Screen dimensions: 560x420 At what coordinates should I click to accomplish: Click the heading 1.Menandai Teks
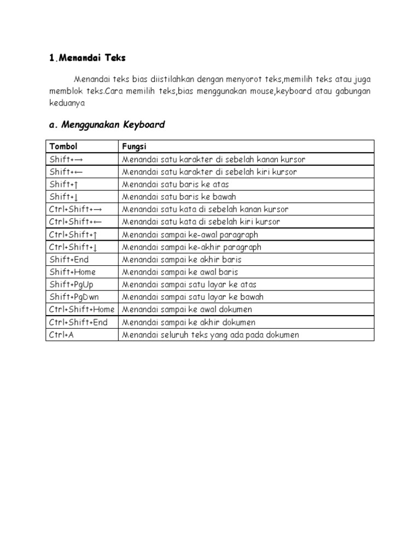coord(87,57)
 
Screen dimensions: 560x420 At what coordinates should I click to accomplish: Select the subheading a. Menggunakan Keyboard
coord(107,125)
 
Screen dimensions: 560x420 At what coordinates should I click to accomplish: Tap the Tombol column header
coord(63,147)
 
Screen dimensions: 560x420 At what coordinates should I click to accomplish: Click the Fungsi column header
coord(134,147)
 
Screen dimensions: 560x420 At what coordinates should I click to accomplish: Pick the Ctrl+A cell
coord(61,335)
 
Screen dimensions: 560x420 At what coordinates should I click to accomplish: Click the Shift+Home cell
coord(72,272)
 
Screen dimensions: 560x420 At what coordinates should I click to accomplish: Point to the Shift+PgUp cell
coord(72,284)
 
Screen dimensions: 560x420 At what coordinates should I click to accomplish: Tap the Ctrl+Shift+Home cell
coord(81,310)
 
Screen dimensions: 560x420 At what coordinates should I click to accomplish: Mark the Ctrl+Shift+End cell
coord(78,322)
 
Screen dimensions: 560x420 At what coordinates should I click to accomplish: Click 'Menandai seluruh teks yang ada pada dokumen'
coord(211,335)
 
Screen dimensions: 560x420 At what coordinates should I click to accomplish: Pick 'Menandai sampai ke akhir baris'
coord(182,259)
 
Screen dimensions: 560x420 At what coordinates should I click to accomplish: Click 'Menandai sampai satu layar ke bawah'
coord(192,297)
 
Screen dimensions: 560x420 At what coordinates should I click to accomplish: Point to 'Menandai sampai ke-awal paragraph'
coord(190,234)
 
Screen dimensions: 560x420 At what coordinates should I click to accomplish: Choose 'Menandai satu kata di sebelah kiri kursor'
coord(201,221)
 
